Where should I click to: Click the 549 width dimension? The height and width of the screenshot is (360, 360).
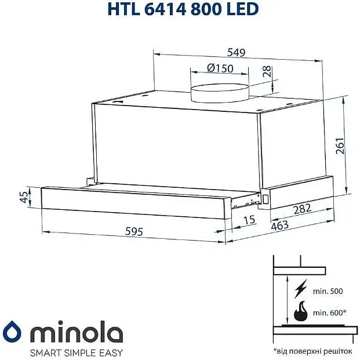point(236,52)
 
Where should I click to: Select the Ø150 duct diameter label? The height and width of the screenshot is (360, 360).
point(220,68)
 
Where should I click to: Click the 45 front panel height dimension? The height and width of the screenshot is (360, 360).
point(24,198)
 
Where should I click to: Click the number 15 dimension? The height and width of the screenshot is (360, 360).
point(249,220)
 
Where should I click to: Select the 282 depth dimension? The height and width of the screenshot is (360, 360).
point(302,208)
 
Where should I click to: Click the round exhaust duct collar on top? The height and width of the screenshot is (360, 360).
point(220,92)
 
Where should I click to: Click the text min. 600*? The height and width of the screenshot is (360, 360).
point(328,312)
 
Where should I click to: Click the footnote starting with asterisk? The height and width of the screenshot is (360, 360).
point(312,351)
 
